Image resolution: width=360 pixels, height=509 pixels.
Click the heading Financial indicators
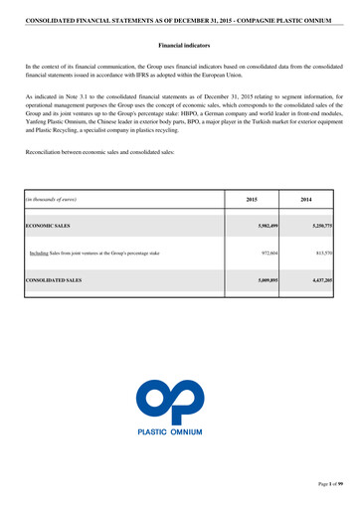click(179, 46)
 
